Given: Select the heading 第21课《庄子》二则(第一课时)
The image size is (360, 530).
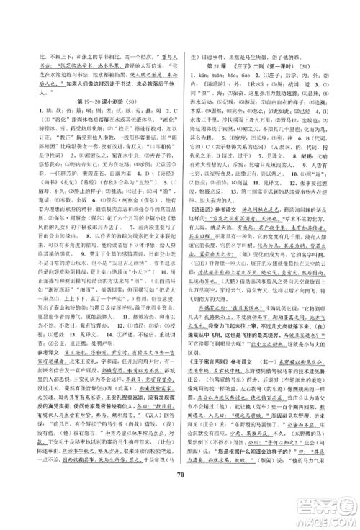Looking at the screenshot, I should pyautogui.click(x=261, y=66).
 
